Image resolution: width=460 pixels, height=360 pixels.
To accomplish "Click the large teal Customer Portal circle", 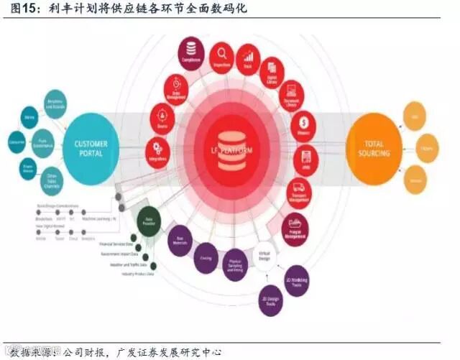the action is [x=91, y=148].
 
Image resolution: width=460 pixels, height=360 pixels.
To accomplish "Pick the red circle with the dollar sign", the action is [x=304, y=127].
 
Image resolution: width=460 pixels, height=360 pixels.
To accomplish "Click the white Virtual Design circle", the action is [x=265, y=255].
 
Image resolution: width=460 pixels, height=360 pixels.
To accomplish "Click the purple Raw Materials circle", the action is [x=180, y=241].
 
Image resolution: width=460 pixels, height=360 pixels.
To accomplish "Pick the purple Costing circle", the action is [x=206, y=258].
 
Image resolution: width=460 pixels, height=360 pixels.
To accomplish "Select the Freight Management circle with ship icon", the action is [x=294, y=228].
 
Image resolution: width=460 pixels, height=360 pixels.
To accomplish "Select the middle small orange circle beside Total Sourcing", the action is [x=428, y=147].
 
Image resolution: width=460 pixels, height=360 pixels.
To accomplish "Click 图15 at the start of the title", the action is [x=19, y=9].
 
